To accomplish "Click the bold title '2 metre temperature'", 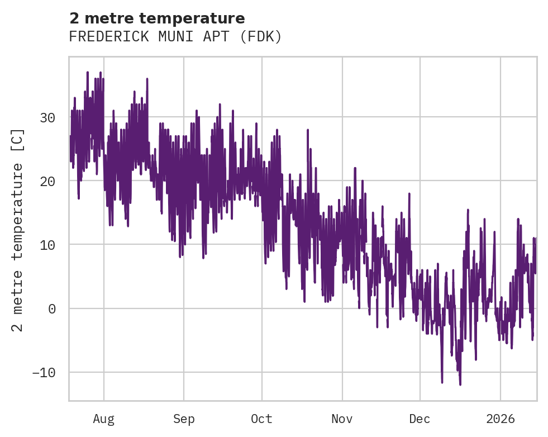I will coord(157,18).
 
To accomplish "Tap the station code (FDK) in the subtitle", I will coord(263,37).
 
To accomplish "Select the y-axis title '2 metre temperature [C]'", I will coord(18,230).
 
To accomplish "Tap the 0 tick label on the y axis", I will coord(51,308).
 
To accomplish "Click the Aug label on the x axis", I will coord(104,419).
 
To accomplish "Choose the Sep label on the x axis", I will coord(184,419).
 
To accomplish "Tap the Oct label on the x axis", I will coord(261,419).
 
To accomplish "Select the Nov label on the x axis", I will coord(342,419).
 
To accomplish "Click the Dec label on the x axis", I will coord(420,419).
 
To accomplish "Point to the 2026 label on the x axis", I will coord(501,419).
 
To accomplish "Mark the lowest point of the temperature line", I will coord(460,384).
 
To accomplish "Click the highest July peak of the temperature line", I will coord(88,72).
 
